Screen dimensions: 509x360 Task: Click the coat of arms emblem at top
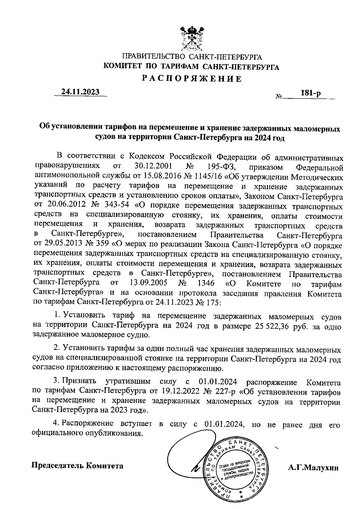pyautogui.click(x=192, y=39)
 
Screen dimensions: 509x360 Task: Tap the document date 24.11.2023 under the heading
pyautogui.click(x=80, y=92)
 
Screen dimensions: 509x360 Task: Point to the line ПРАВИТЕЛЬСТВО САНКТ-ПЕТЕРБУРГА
pyautogui.click(x=192, y=57)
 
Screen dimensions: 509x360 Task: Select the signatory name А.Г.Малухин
pyautogui.click(x=313, y=468)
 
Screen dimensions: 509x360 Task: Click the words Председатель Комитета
pyautogui.click(x=78, y=466)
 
